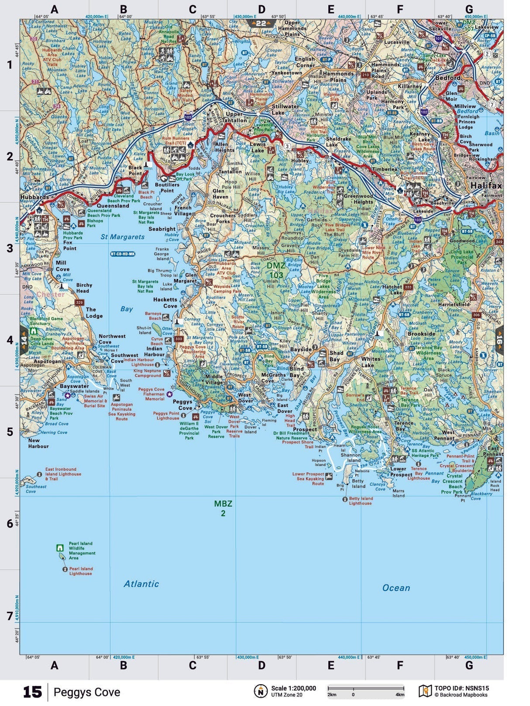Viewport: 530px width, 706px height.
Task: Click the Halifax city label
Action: [x=486, y=185]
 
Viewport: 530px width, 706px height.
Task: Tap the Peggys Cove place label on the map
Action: [x=182, y=404]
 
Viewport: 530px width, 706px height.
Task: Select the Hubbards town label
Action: [x=34, y=197]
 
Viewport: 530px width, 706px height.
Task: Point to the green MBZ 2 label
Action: [x=223, y=508]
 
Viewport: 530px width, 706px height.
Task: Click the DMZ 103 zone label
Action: [x=276, y=270]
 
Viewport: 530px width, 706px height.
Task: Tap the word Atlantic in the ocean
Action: [x=141, y=584]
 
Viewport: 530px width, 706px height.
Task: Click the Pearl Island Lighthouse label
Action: [x=81, y=571]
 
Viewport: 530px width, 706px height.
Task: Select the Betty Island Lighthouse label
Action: [x=361, y=500]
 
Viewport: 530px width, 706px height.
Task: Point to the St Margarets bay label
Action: [x=122, y=237]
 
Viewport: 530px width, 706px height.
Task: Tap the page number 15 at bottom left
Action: [x=32, y=692]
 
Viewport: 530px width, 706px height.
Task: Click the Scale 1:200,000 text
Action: [x=293, y=688]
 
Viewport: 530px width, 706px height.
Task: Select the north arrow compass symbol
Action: [x=260, y=691]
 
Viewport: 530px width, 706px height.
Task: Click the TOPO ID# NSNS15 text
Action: [x=461, y=688]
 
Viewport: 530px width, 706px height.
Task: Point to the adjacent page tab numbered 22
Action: [x=261, y=23]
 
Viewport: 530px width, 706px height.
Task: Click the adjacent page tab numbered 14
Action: [x=24, y=340]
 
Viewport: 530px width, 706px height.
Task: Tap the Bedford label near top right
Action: [x=447, y=78]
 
